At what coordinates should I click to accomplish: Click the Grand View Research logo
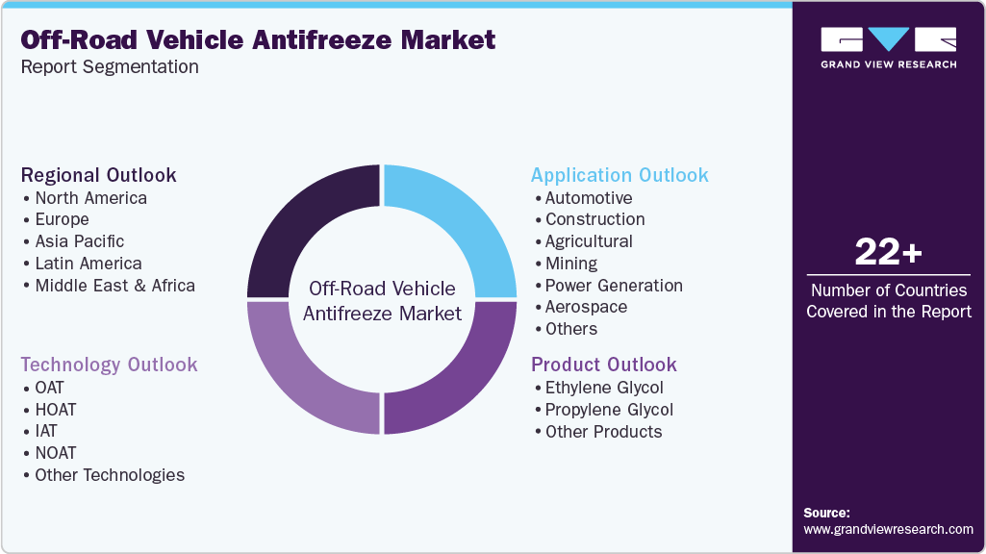click(x=888, y=47)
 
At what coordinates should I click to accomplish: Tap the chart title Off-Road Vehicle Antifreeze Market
click(x=258, y=39)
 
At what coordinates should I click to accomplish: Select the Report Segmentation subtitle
click(x=110, y=67)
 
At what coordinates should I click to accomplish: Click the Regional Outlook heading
click(x=99, y=175)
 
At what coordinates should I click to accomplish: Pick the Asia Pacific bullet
click(x=80, y=241)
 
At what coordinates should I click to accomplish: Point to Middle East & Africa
click(x=114, y=286)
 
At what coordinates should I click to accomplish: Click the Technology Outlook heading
click(x=109, y=365)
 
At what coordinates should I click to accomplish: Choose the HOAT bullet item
click(x=56, y=410)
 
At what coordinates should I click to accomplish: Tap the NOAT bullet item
click(x=56, y=453)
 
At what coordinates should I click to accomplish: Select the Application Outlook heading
click(x=619, y=175)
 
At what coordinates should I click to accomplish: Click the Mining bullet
click(x=571, y=264)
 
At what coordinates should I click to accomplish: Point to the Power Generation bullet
click(x=614, y=286)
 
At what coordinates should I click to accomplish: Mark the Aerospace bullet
click(x=586, y=308)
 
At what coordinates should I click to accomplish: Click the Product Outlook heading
click(x=604, y=365)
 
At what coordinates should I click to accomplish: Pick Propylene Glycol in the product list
click(x=609, y=410)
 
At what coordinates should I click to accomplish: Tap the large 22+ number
click(x=888, y=253)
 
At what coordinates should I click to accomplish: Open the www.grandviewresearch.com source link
click(x=888, y=529)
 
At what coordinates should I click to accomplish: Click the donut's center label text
click(x=382, y=301)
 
